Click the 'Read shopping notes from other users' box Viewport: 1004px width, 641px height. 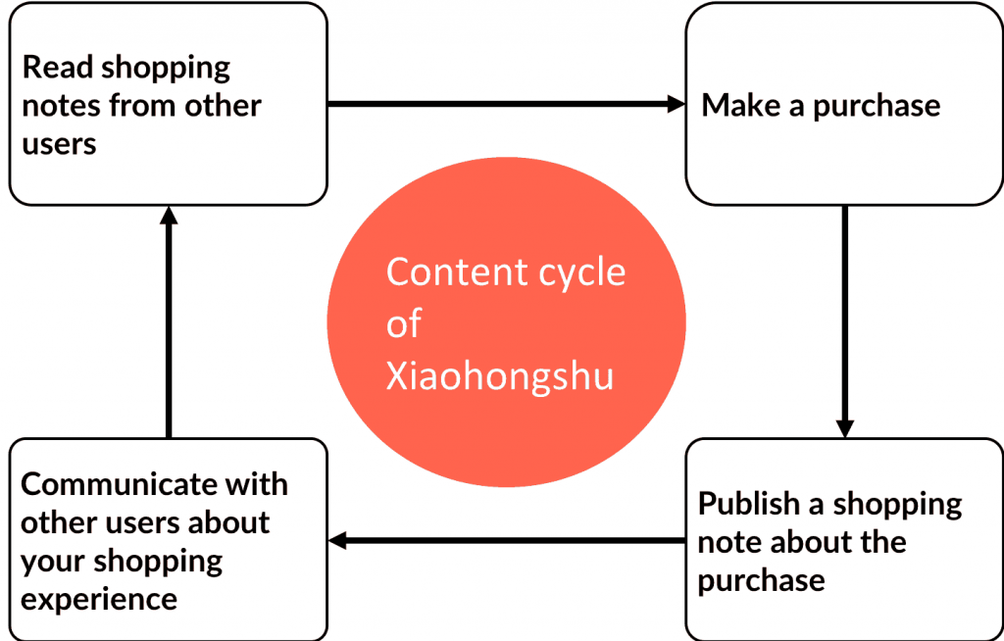click(x=168, y=104)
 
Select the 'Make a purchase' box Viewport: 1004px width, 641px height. click(x=843, y=104)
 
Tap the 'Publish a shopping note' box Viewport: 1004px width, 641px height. click(x=843, y=540)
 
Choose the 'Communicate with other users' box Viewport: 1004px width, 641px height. click(x=168, y=540)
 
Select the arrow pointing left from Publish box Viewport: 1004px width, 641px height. click(x=505, y=540)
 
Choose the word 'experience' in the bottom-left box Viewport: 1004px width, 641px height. click(x=99, y=599)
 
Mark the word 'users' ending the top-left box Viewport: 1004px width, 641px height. click(x=59, y=144)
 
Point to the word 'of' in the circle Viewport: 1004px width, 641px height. click(x=403, y=324)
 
